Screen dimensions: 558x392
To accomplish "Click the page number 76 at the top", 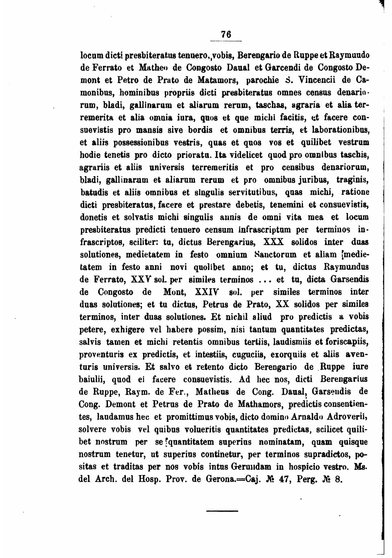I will pyautogui.click(x=226, y=34).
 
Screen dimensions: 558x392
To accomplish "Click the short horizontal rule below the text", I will pyautogui.click(x=222, y=511).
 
